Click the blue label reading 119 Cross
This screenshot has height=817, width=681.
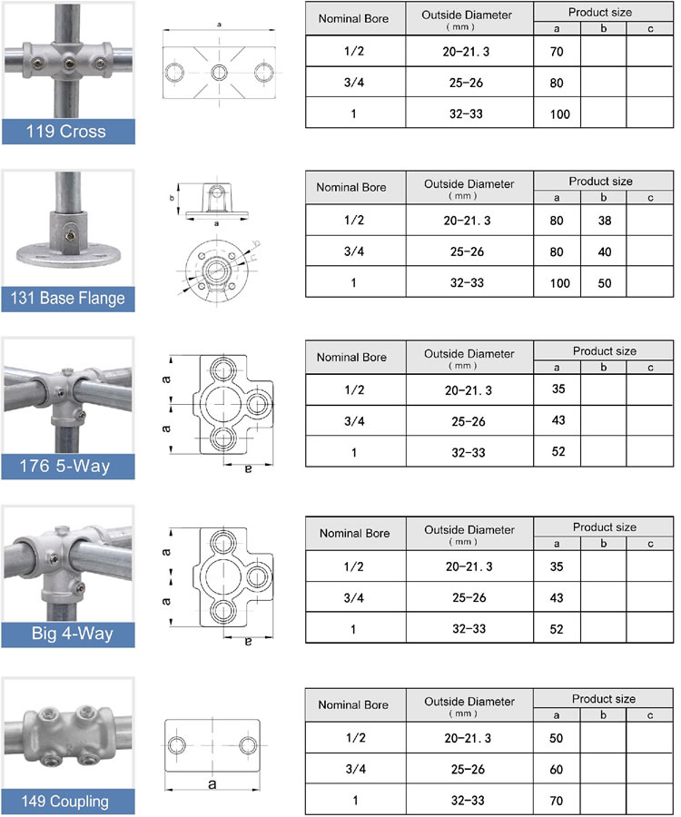click(x=68, y=131)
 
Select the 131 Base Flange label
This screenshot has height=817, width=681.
click(x=68, y=298)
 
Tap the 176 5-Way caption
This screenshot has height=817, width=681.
click(x=68, y=467)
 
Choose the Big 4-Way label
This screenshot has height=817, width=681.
click(x=68, y=634)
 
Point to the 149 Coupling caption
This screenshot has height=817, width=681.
click(x=68, y=801)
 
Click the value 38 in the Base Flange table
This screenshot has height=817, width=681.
click(x=604, y=221)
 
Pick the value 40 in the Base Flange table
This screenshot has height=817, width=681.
click(x=604, y=251)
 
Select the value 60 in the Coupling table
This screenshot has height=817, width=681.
click(x=557, y=770)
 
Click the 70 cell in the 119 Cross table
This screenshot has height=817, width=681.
click(x=557, y=52)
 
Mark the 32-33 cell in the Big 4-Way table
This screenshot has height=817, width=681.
click(x=469, y=628)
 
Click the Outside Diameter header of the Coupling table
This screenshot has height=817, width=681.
click(x=469, y=705)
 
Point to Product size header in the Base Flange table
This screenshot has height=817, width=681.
click(x=604, y=182)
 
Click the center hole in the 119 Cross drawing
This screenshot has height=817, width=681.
click(x=217, y=72)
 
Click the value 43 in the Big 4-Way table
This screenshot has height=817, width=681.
click(x=557, y=597)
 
